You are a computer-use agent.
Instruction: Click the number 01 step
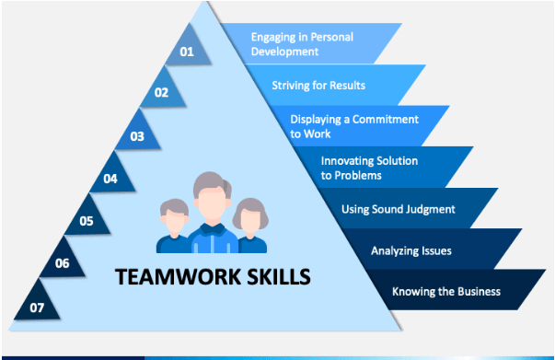pyautogui.click(x=187, y=52)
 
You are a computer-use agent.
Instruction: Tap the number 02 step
pyautogui.click(x=162, y=92)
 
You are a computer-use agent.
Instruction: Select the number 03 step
pyautogui.click(x=137, y=136)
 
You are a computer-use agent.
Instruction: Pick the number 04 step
pyautogui.click(x=111, y=178)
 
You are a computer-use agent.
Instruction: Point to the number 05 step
pyautogui.click(x=87, y=220)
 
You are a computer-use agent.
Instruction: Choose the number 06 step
pyautogui.click(x=62, y=262)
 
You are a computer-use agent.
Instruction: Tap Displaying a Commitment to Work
pyautogui.click(x=354, y=126)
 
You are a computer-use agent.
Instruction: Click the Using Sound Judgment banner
pyautogui.click(x=398, y=209)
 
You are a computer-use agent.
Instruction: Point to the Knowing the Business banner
pyautogui.click(x=446, y=292)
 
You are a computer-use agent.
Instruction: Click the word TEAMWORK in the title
pyautogui.click(x=170, y=275)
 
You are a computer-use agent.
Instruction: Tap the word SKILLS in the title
pyautogui.click(x=271, y=275)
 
